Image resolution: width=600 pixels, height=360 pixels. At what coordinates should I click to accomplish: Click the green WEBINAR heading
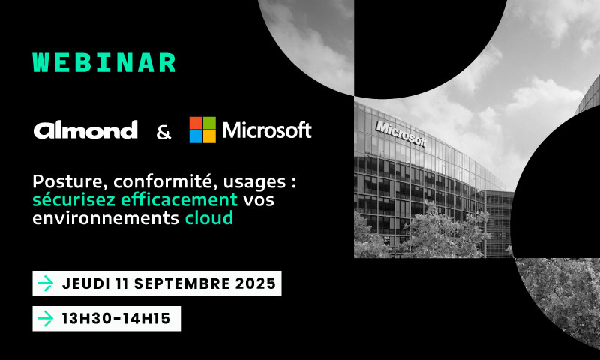tap(104, 63)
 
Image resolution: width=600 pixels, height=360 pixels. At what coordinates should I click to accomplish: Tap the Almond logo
tap(85, 130)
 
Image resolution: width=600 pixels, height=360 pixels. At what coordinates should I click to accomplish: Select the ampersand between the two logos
tap(163, 132)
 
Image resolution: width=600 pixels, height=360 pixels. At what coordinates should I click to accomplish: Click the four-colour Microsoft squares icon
tap(202, 130)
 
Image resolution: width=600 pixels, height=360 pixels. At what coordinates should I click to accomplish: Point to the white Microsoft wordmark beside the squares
tap(267, 130)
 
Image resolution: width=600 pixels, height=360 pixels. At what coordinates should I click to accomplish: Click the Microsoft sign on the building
tap(400, 133)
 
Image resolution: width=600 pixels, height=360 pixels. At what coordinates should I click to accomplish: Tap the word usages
tap(254, 182)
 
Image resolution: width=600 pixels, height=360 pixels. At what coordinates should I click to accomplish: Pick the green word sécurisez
tap(74, 200)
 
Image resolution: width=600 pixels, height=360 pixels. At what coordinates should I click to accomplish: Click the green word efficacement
tap(179, 200)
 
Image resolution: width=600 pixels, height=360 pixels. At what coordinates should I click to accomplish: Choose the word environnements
tap(106, 218)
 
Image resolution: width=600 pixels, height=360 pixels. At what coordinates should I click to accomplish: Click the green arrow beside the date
tap(46, 283)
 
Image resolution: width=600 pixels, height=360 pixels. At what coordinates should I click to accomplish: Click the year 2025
tap(255, 283)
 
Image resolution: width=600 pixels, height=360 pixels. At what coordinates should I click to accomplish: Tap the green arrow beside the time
tap(46, 319)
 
